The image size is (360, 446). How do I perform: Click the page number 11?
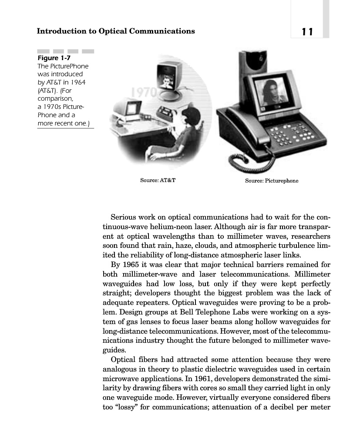pos(306,31)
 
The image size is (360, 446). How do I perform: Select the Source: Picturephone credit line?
pos(271,180)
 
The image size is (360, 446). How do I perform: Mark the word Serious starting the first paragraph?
pos(123,217)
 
